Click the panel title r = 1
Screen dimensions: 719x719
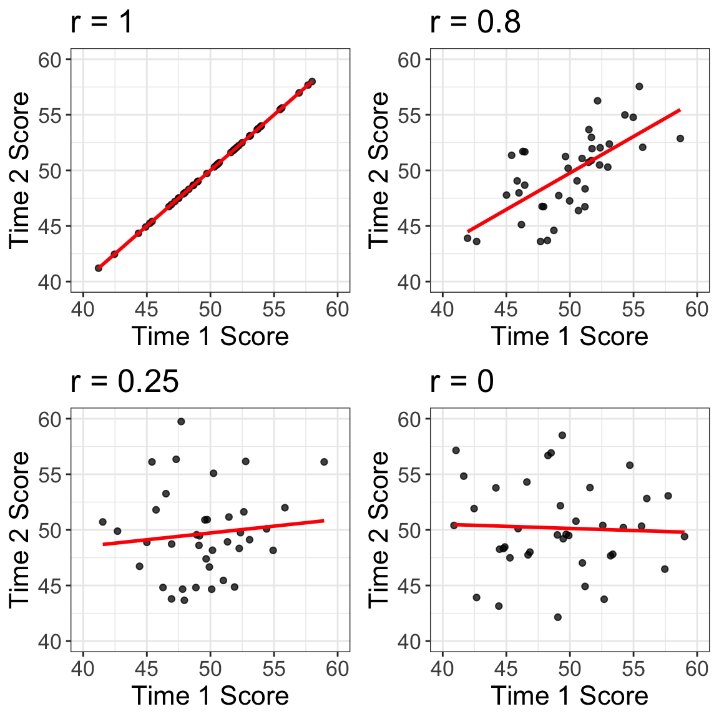click(x=102, y=22)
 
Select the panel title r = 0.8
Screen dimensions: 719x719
click(x=475, y=22)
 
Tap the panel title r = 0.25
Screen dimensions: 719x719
click(x=125, y=381)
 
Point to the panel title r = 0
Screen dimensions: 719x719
click(x=462, y=381)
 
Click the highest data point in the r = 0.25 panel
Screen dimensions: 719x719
click(x=181, y=422)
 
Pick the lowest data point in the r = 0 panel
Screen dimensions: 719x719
click(x=557, y=617)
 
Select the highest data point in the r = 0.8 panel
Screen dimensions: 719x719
click(x=639, y=87)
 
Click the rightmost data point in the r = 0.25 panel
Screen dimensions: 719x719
click(x=324, y=462)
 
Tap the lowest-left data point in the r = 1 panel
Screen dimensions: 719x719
click(x=99, y=268)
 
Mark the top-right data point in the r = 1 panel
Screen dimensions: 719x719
click(x=312, y=82)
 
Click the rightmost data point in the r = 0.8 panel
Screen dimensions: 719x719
click(x=680, y=139)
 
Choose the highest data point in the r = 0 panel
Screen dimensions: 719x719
click(x=562, y=436)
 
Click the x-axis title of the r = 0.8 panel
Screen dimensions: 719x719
click(x=569, y=336)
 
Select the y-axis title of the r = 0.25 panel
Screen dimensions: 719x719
click(x=20, y=529)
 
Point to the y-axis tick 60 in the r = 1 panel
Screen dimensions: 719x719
click(x=50, y=60)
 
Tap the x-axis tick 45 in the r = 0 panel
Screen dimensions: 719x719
click(x=506, y=669)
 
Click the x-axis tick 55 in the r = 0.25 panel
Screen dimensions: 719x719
click(x=274, y=669)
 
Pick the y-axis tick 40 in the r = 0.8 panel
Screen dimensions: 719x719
click(x=409, y=282)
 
